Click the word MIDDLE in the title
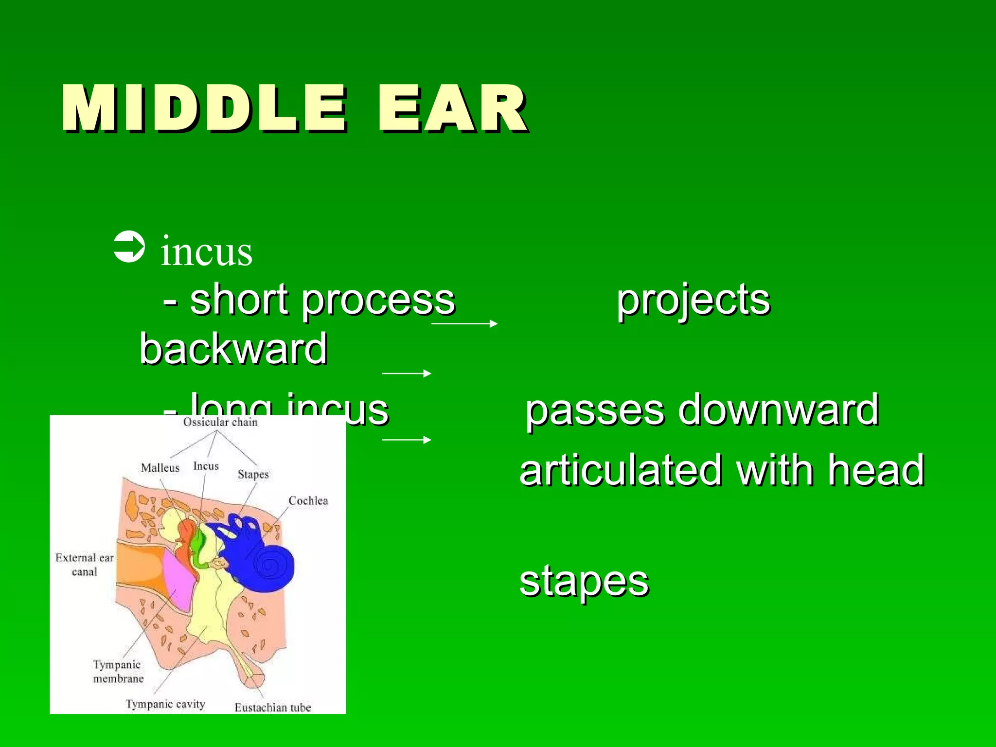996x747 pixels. pyautogui.click(x=204, y=108)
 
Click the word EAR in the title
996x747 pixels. pyautogui.click(x=452, y=108)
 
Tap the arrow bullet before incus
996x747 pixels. pyautogui.click(x=129, y=247)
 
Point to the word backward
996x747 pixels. pyautogui.click(x=233, y=349)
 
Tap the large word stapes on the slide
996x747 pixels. pyautogui.click(x=584, y=581)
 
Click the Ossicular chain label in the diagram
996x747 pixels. pyautogui.click(x=220, y=422)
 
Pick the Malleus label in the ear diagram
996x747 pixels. pyautogui.click(x=160, y=468)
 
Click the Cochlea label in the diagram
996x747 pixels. pyautogui.click(x=308, y=501)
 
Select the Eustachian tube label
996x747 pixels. pyautogui.click(x=272, y=708)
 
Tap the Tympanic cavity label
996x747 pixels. pyautogui.click(x=165, y=704)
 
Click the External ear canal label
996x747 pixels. pyautogui.click(x=85, y=565)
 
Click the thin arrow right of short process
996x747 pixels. pyautogui.click(x=464, y=323)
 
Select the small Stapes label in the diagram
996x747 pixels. pyautogui.click(x=253, y=475)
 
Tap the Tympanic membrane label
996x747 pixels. pyautogui.click(x=118, y=672)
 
